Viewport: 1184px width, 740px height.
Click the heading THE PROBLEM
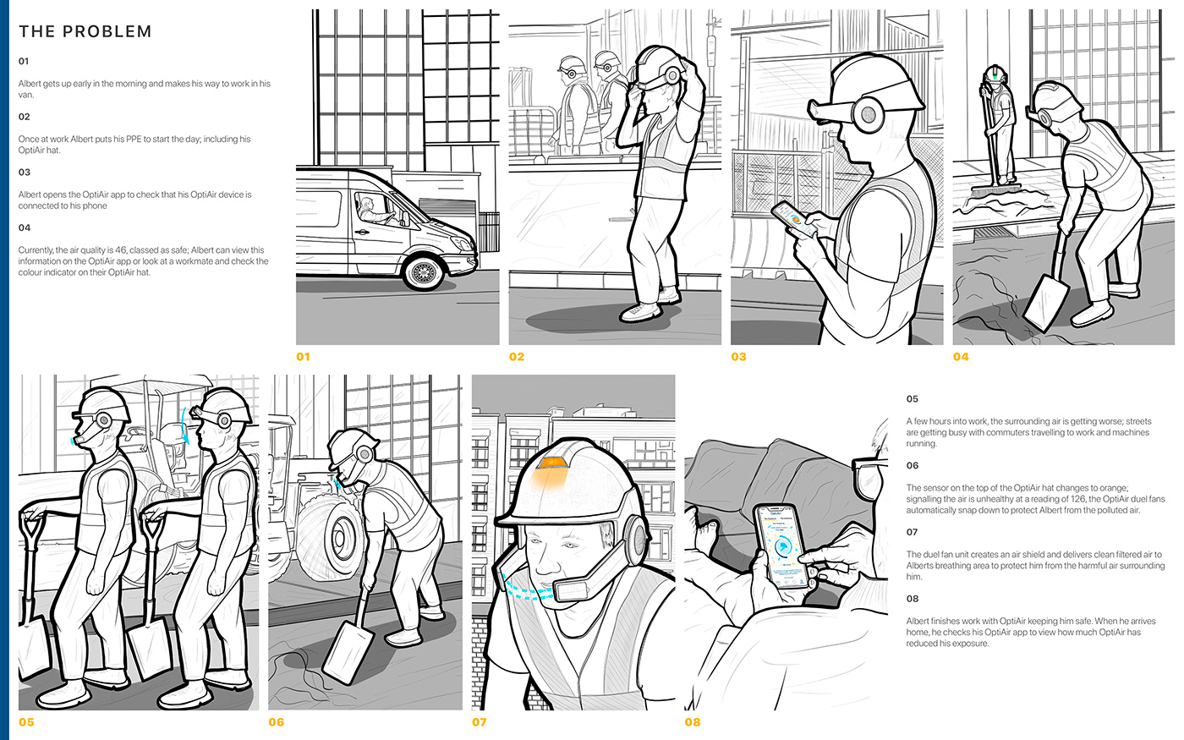click(85, 32)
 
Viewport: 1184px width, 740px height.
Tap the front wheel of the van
click(424, 272)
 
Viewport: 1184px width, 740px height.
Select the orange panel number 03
click(738, 357)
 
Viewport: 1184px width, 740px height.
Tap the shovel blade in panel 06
click(348, 653)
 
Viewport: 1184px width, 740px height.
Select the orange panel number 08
click(693, 722)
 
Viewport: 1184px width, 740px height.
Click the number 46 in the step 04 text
click(121, 250)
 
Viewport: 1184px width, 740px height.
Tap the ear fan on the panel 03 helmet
click(868, 115)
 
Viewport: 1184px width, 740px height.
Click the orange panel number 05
click(26, 722)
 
